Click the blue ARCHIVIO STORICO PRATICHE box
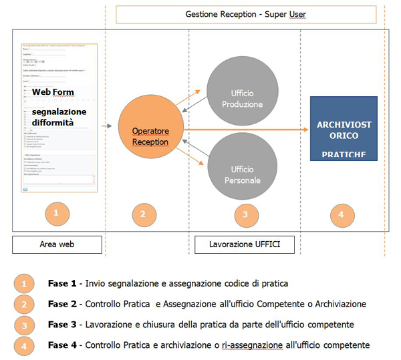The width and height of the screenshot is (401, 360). pos(344,130)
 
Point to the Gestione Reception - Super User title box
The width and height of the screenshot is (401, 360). pos(245,15)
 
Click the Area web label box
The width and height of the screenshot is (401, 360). pos(57,244)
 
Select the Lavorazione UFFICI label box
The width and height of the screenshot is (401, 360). pos(245,244)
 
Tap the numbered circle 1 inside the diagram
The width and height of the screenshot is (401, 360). pos(57,214)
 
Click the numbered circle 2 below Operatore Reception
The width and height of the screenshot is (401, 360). pos(142,214)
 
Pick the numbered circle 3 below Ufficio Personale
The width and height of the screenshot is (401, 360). pos(245,214)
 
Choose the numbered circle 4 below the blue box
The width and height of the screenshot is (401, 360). pos(342,214)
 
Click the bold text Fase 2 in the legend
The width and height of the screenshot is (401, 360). pos(63,304)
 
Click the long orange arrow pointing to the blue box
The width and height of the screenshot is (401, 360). pos(247,130)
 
